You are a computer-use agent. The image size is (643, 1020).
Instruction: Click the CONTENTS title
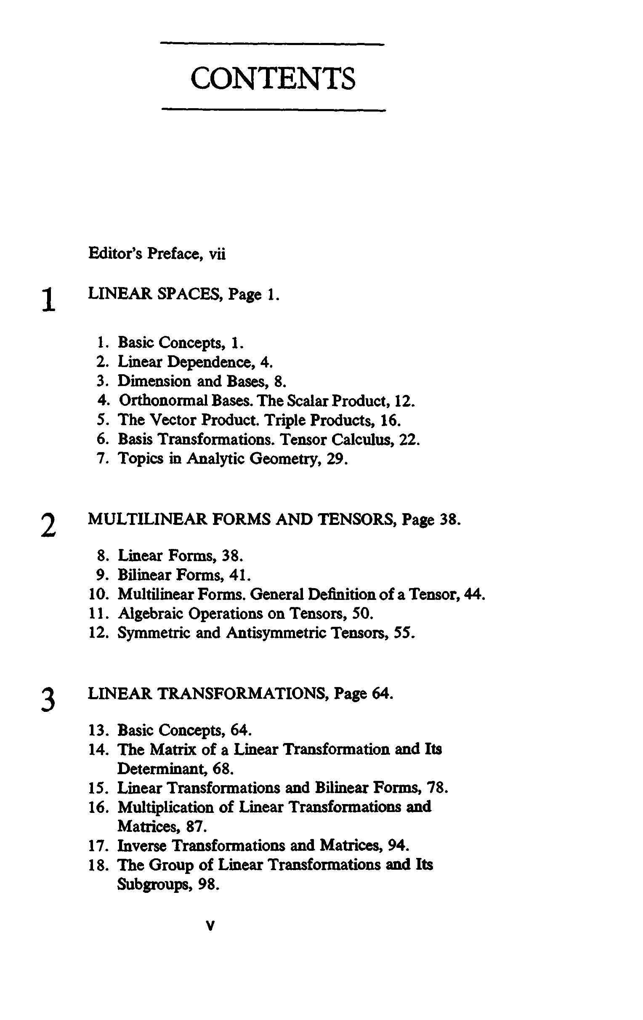coord(273,79)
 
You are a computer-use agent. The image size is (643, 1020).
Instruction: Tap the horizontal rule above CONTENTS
coord(273,44)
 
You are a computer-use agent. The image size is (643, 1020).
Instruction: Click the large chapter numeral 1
coord(49,299)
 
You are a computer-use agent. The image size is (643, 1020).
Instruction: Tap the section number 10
coord(98,594)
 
